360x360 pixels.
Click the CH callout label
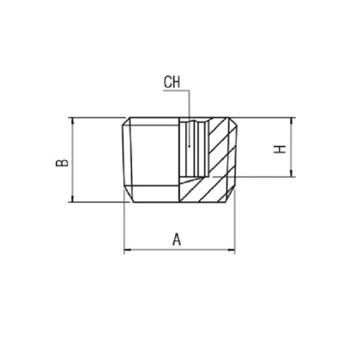click(x=171, y=82)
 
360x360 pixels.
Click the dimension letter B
click(x=62, y=163)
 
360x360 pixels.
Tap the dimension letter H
click(x=279, y=149)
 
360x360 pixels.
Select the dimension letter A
click(x=176, y=239)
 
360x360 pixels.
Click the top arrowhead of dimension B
click(x=73, y=122)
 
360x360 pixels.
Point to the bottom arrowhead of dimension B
click(x=73, y=198)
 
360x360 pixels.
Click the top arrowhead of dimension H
click(x=292, y=122)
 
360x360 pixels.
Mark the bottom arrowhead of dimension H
click(x=292, y=174)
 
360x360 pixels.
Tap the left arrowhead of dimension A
click(x=127, y=250)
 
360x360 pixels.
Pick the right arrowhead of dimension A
click(x=231, y=250)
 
